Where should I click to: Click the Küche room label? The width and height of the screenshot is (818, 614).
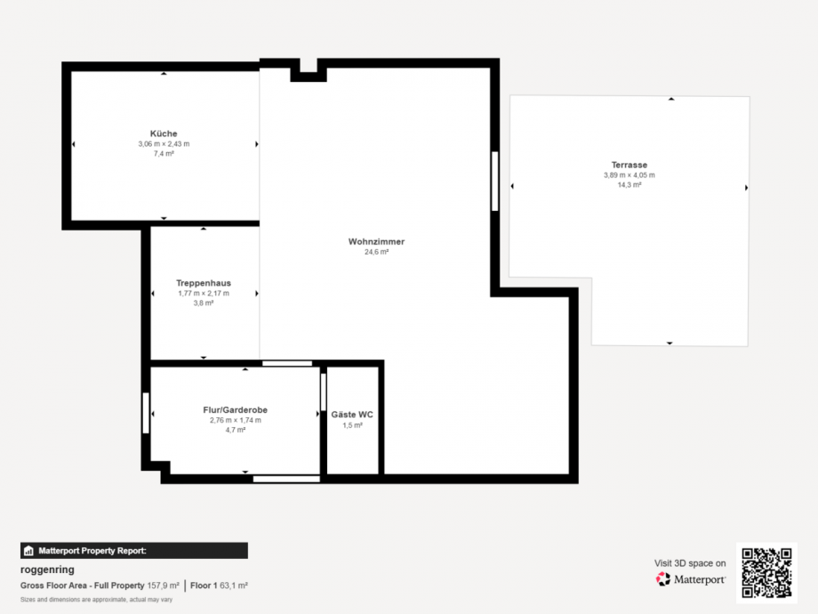(x=164, y=133)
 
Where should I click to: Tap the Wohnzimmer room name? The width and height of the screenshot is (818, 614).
(x=377, y=242)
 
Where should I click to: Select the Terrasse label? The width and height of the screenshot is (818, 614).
(x=630, y=165)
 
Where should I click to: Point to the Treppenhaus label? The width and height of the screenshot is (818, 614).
(x=204, y=283)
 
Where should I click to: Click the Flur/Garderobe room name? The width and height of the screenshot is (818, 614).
(x=236, y=410)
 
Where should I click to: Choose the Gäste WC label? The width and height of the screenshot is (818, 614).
(x=352, y=415)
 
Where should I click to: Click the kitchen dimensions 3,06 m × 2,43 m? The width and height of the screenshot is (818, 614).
(x=164, y=144)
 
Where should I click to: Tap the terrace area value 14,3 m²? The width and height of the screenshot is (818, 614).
(x=630, y=185)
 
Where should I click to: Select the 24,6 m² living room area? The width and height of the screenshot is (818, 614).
(x=377, y=252)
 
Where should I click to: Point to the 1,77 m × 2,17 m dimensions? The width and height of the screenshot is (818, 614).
(x=204, y=294)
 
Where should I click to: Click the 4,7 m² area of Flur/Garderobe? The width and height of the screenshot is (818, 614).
(x=236, y=430)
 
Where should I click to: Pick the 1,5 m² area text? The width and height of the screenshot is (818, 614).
(x=352, y=425)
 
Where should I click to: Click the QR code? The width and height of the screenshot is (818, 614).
(x=766, y=573)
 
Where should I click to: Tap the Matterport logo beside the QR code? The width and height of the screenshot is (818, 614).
(x=691, y=579)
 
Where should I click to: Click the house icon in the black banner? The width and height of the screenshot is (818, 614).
(x=28, y=551)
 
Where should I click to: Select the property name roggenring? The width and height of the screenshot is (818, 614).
(x=47, y=570)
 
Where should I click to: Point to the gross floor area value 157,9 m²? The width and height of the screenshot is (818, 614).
(x=163, y=586)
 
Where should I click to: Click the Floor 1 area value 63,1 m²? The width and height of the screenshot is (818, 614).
(x=233, y=586)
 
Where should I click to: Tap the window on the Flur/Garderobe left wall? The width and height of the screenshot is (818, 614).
(x=146, y=413)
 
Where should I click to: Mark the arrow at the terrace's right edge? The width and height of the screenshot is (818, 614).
(x=747, y=188)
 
